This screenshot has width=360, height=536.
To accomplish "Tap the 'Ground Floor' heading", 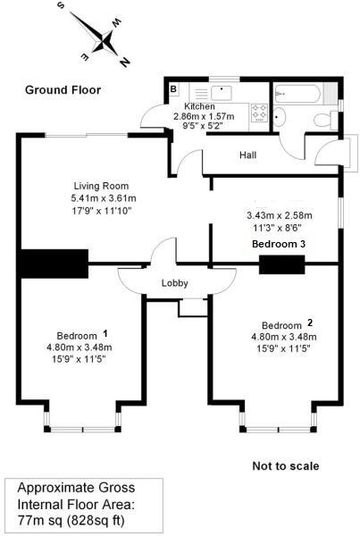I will point(63,89).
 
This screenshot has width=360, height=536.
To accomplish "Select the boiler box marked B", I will point(173,89).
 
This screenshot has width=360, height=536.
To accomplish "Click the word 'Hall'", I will point(249,155).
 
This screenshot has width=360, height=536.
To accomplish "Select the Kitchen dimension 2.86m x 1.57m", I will point(204,116).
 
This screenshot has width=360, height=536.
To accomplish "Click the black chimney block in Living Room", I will point(53,264).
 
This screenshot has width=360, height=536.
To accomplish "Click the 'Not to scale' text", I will point(285,466).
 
